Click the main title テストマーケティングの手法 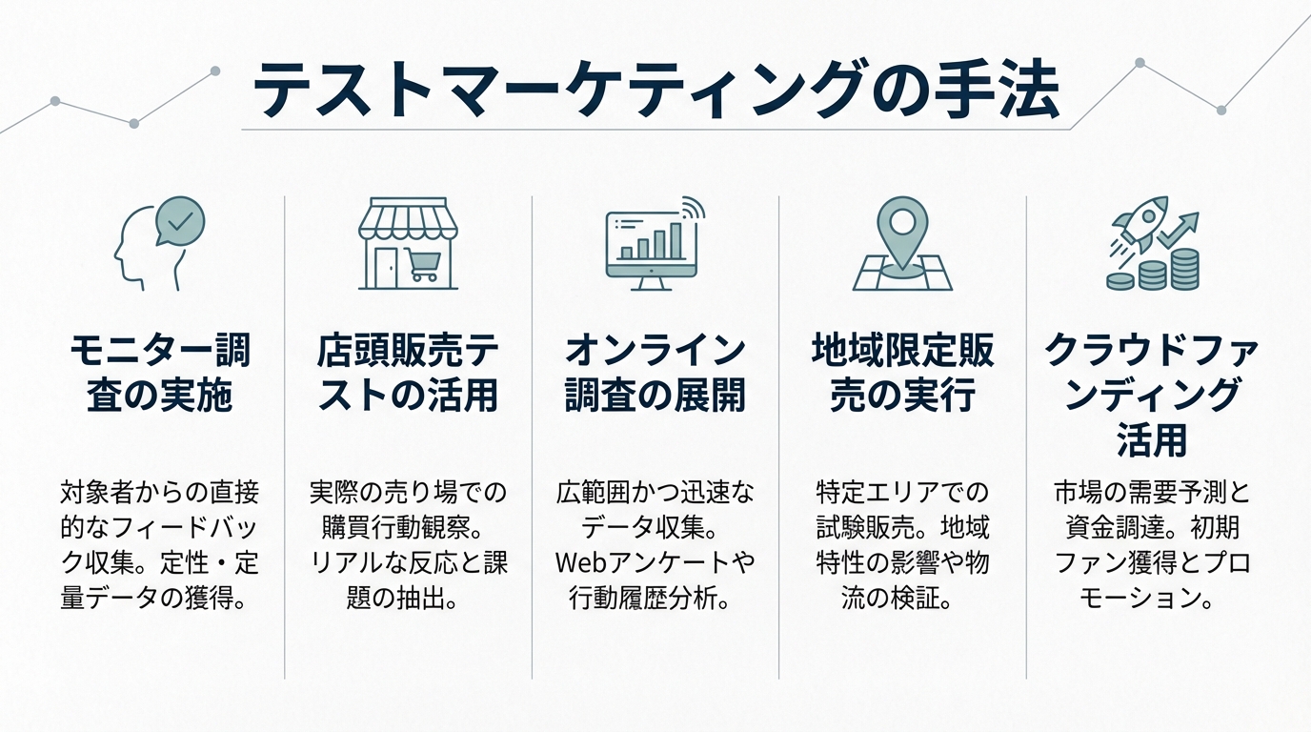(655, 91)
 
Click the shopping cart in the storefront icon (419, 264)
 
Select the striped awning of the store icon (408, 222)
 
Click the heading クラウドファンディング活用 (1151, 395)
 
